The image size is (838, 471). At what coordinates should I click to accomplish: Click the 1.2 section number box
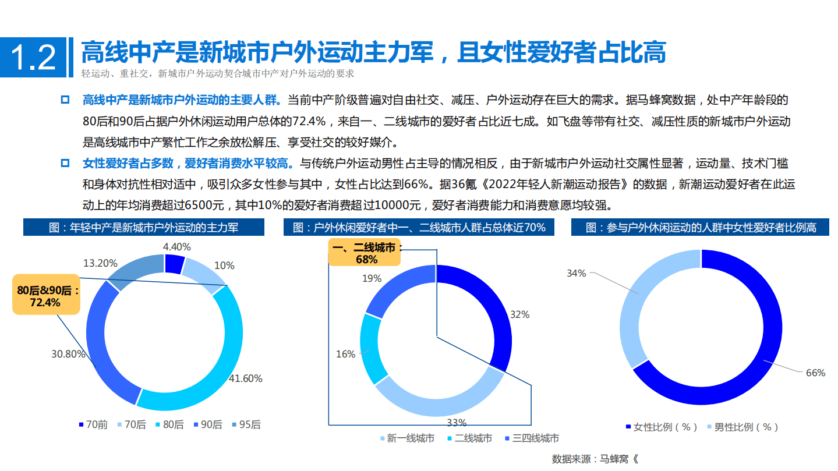[x=33, y=57]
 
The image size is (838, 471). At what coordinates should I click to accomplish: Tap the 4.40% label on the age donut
[x=176, y=246]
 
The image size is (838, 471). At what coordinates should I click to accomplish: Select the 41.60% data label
[x=245, y=378]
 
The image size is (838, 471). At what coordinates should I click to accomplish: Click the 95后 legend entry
[x=246, y=425]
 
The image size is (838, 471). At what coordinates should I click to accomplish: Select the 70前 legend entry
[x=93, y=425]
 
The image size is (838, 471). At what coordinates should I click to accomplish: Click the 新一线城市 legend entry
[x=406, y=438]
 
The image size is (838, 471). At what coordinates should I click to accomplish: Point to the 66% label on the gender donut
[x=815, y=373]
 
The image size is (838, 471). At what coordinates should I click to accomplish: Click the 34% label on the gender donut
[x=576, y=272]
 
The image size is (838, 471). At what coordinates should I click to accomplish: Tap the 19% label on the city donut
[x=372, y=279]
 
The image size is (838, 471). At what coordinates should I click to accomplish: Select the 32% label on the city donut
[x=519, y=314]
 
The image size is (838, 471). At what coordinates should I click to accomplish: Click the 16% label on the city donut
[x=345, y=354]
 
